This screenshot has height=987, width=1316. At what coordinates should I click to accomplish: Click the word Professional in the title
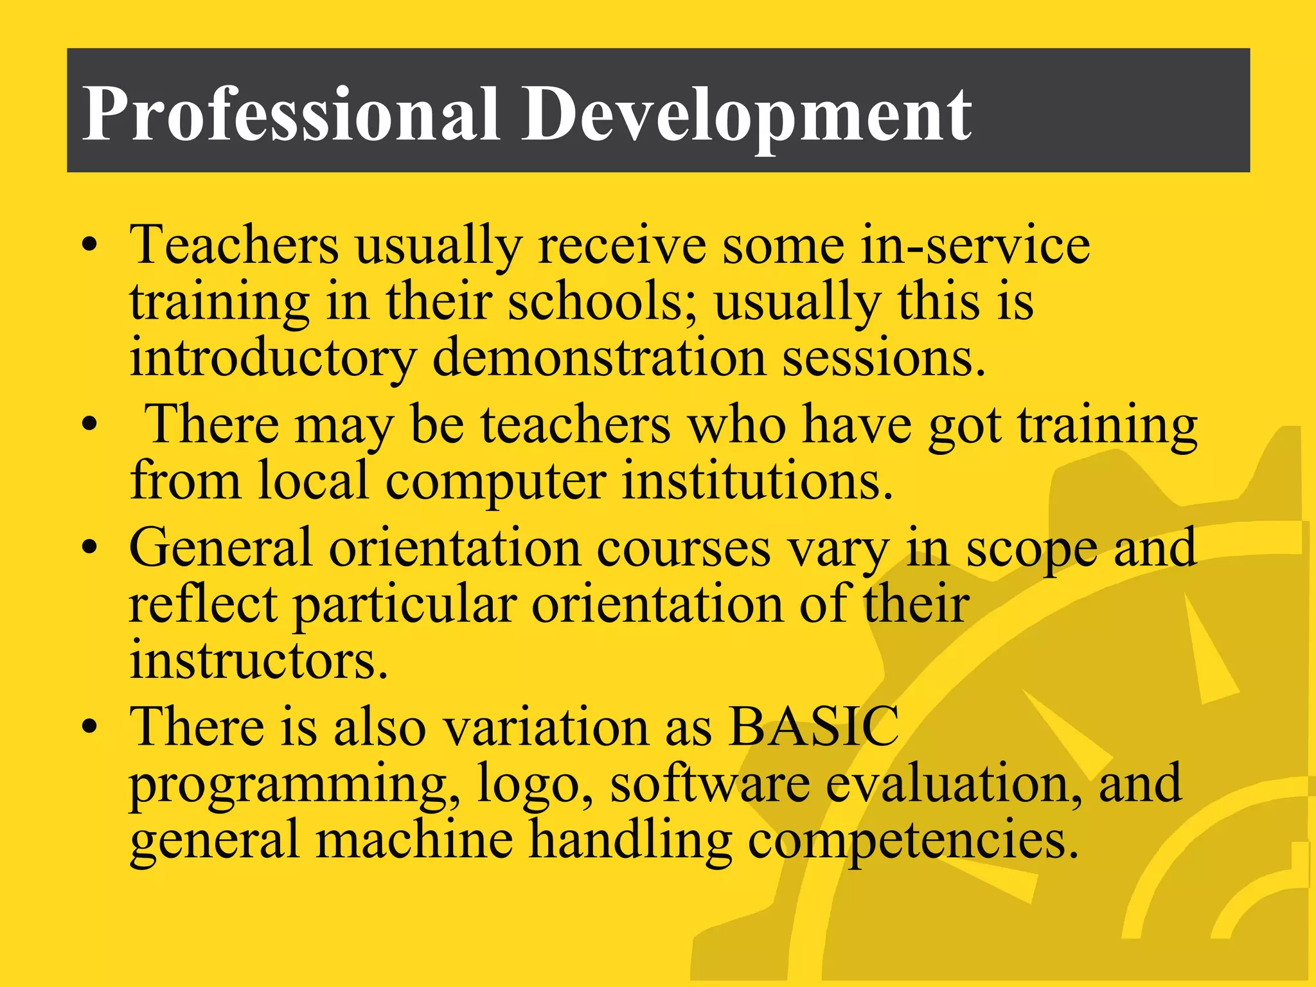point(290,114)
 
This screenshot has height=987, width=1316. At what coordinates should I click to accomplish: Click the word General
point(220,547)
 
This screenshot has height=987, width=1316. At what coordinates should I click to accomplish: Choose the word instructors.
point(259,661)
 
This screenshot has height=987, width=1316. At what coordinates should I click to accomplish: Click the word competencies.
point(912,840)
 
